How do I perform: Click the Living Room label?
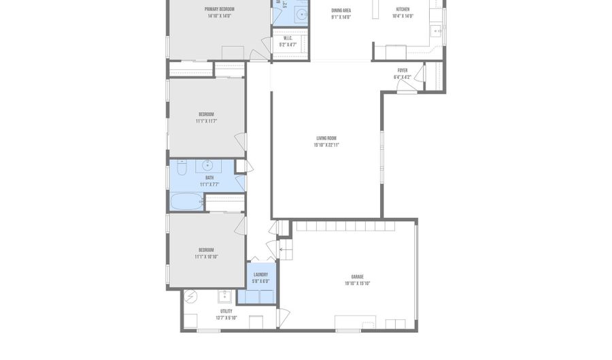(326, 138)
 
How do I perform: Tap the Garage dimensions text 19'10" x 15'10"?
(357, 283)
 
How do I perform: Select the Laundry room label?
(260, 275)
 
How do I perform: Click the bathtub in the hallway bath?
(186, 202)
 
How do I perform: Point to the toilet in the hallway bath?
(182, 167)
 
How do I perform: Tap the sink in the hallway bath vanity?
(207, 165)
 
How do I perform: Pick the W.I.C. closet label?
(287, 38)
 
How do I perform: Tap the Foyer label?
(403, 70)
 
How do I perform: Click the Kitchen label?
(403, 10)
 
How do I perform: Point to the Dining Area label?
(341, 10)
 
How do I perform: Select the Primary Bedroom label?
(220, 9)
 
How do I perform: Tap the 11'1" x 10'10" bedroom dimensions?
(206, 257)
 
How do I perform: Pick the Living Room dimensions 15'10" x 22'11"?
(326, 145)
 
